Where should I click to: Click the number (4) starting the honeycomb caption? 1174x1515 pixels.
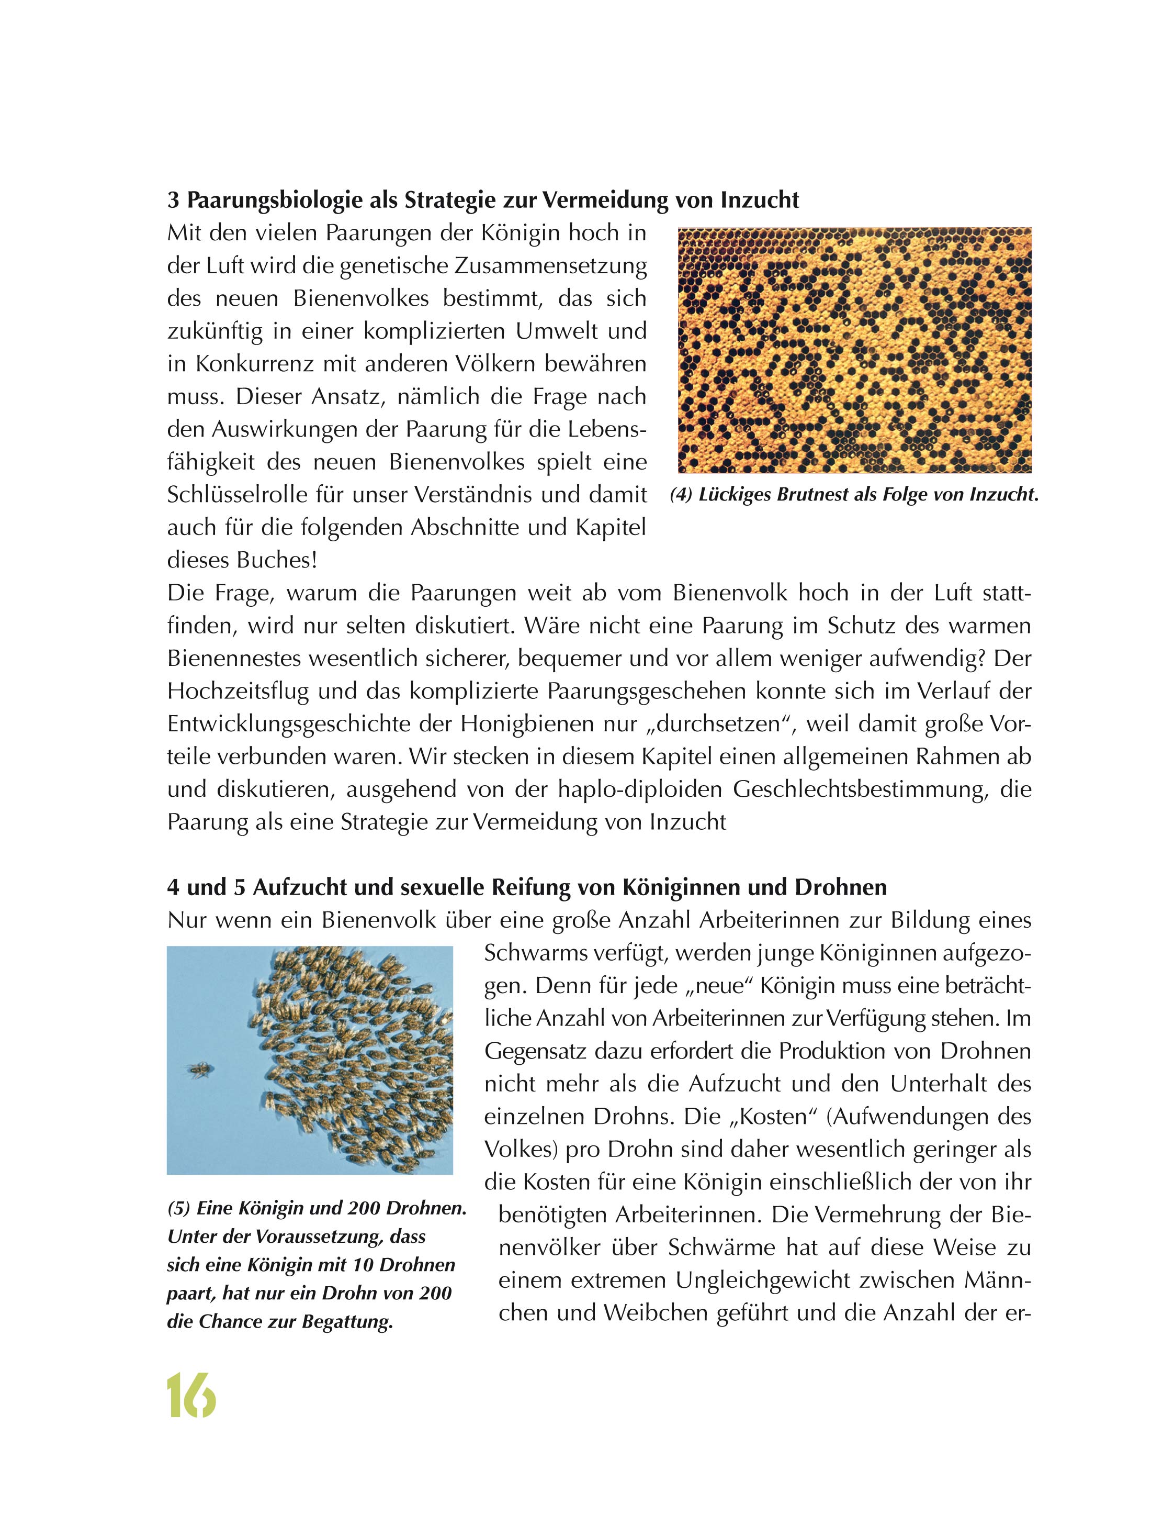tap(682, 495)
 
